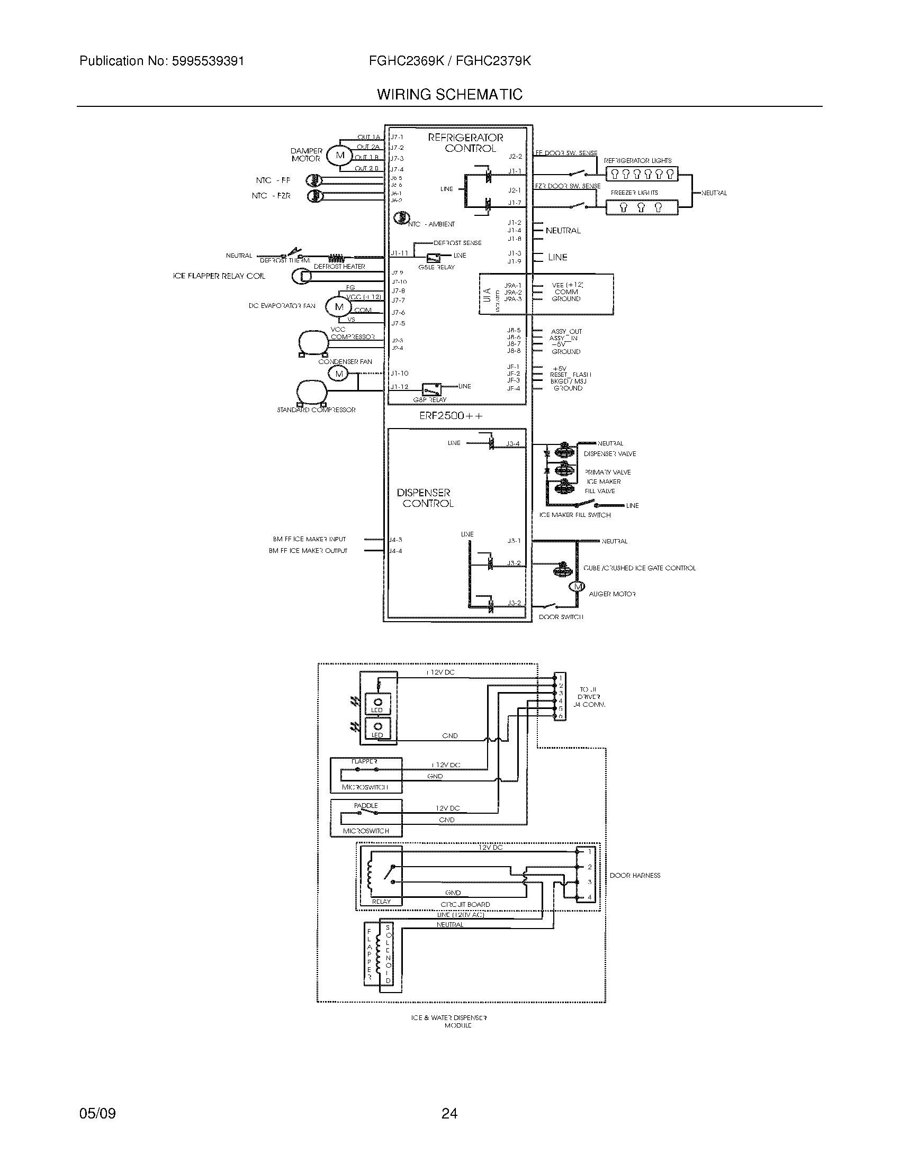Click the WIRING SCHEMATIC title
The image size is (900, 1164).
point(449,95)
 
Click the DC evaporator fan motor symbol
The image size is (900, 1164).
point(339,306)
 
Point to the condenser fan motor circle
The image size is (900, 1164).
point(339,374)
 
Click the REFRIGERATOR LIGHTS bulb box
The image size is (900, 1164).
point(642,174)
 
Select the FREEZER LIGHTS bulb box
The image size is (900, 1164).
point(642,207)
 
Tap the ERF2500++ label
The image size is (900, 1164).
point(451,416)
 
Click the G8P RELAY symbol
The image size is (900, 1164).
point(431,388)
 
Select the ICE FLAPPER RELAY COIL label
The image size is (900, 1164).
point(219,276)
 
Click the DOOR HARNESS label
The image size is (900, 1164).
point(634,875)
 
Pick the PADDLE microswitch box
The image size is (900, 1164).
point(366,817)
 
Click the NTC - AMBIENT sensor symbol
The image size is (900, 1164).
point(400,218)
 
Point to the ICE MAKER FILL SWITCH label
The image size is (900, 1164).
point(575,515)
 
